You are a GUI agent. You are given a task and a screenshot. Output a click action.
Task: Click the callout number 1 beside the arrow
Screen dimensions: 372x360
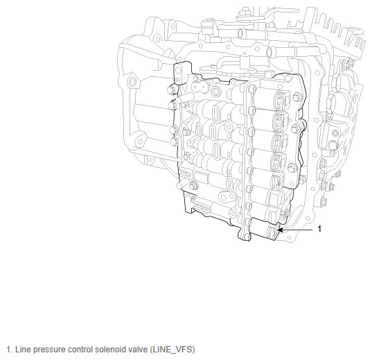(319, 229)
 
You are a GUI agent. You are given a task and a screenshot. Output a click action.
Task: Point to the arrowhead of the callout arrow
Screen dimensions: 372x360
(280, 230)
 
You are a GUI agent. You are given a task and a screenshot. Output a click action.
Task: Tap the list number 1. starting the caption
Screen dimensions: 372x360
(9, 350)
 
